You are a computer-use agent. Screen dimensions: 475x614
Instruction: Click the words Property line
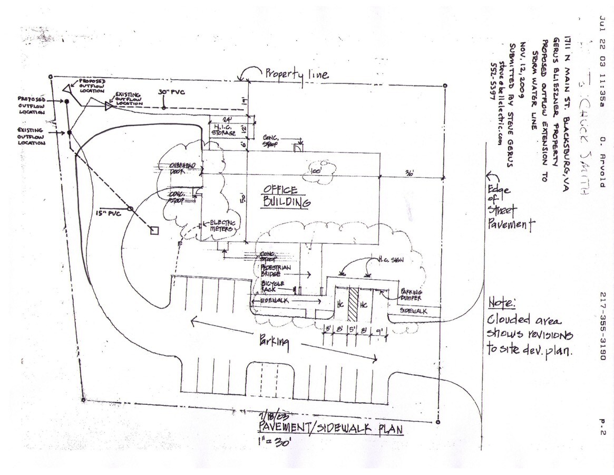pos(297,74)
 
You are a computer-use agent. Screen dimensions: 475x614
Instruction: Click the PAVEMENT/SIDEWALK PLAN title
pos(331,429)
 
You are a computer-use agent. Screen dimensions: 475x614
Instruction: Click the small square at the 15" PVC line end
pos(154,230)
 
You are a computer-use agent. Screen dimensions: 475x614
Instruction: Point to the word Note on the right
pos(501,303)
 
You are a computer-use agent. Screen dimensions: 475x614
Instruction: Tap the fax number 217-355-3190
pos(602,327)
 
